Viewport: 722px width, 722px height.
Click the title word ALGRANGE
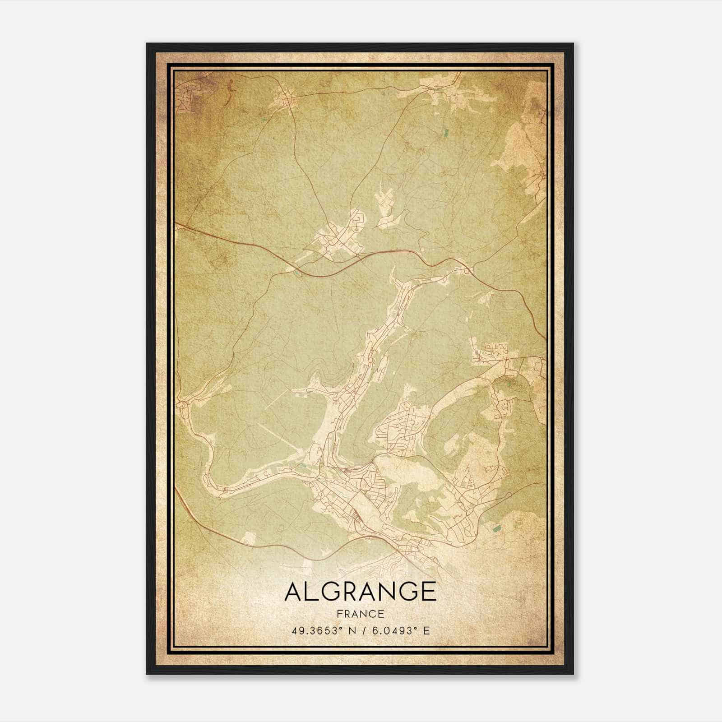pos(360,592)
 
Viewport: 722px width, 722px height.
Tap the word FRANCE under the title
pos(360,614)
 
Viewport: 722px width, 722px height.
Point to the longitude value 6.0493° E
pos(397,630)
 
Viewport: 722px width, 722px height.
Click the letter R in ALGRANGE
pos(349,592)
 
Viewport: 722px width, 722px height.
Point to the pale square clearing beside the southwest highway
pos(249,537)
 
